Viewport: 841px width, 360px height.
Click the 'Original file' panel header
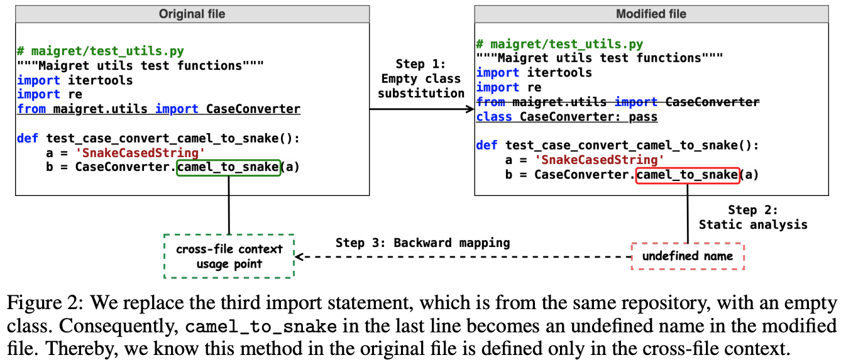(192, 14)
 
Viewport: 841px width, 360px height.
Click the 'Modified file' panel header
(651, 14)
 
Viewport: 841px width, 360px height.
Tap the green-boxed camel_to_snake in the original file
(228, 167)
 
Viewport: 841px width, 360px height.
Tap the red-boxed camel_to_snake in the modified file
(687, 175)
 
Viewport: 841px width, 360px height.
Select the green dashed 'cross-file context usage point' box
(228, 256)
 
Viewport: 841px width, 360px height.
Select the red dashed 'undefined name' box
(687, 256)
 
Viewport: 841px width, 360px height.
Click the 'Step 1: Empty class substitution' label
(420, 79)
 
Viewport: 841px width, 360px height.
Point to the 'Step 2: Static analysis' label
(753, 217)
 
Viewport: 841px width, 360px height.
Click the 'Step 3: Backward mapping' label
(422, 243)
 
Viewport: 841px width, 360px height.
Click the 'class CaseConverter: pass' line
(566, 117)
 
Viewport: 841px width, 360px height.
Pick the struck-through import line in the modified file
(617, 102)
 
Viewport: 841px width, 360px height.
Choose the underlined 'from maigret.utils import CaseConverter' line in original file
(158, 109)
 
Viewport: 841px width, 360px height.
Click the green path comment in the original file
(101, 52)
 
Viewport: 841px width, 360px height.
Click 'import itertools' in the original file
(75, 80)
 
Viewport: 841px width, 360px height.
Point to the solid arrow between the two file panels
(421, 109)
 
